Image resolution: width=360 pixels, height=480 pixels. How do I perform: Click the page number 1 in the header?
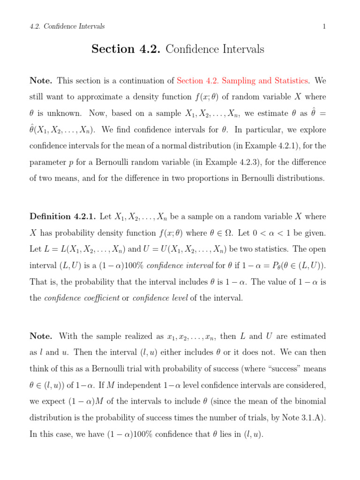[x=324, y=27]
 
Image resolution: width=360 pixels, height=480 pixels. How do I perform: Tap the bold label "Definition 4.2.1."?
[x=63, y=217]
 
